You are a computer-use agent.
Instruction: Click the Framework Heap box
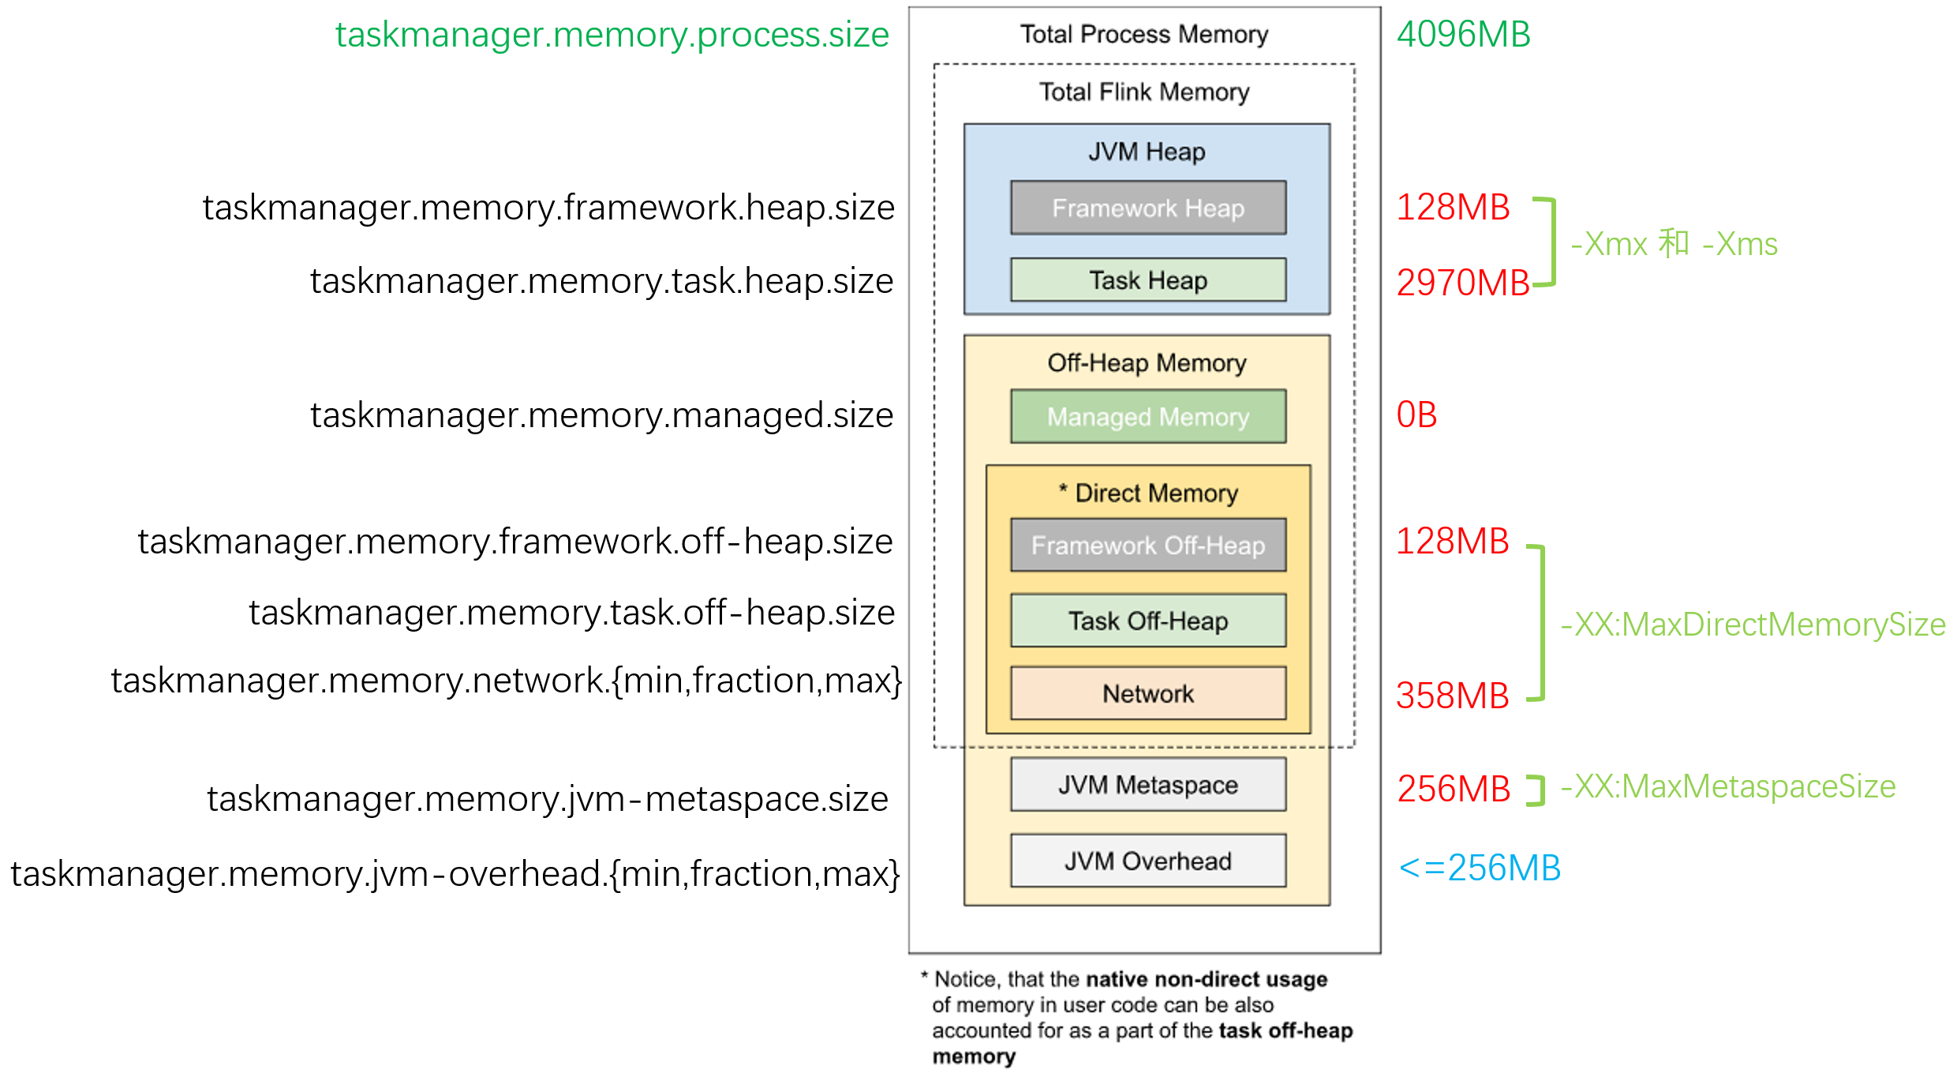tap(1148, 208)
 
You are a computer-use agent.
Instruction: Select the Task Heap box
tap(1148, 280)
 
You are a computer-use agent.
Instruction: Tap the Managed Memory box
tap(1148, 416)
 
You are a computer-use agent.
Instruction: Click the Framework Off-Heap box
tap(1148, 545)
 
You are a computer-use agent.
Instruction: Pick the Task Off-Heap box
tap(1148, 621)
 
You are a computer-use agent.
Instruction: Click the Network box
tap(1148, 693)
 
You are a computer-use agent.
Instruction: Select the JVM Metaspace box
tap(1148, 785)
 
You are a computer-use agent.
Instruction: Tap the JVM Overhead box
tap(1148, 861)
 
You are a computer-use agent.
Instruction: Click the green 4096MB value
tap(1464, 35)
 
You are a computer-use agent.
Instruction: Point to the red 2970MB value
tap(1462, 283)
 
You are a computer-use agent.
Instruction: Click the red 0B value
tap(1416, 415)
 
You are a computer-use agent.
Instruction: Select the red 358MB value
tap(1452, 696)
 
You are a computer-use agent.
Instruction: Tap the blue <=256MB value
tap(1480, 869)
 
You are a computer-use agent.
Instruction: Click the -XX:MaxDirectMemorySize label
tap(1753, 625)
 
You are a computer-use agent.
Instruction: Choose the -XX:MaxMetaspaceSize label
tap(1728, 786)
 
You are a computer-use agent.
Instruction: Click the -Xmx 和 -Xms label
tap(1674, 244)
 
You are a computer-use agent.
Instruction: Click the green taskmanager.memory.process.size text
tap(612, 35)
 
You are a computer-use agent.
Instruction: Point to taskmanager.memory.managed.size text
tap(601, 415)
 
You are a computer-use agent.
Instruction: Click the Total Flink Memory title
tap(1144, 92)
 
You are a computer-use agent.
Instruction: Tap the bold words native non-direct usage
tap(1207, 979)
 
